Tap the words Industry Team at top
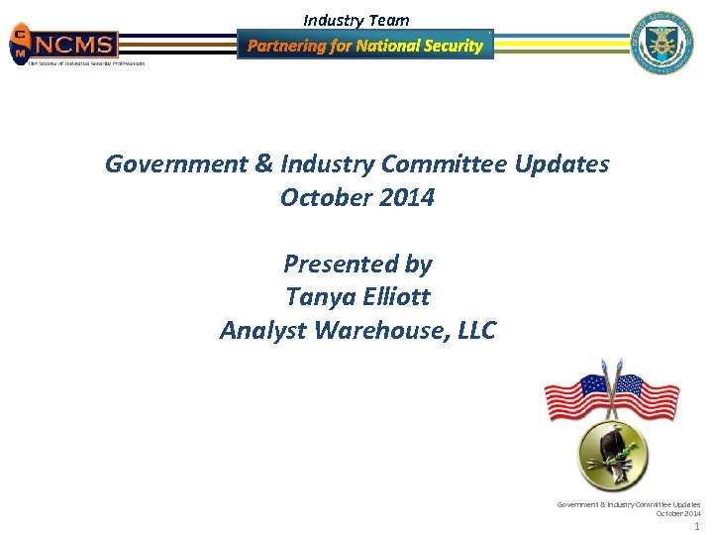tap(356, 20)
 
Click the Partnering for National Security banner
tap(364, 45)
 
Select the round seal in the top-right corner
tap(663, 43)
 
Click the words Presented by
tap(357, 264)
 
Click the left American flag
tap(579, 396)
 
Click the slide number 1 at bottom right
tap(697, 526)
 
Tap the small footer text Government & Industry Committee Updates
tap(628, 504)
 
